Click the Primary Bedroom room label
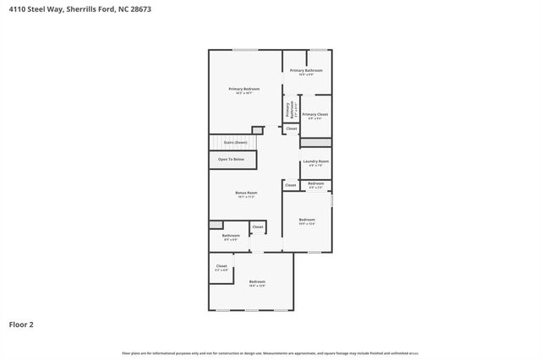coord(243,89)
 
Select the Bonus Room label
coord(246,193)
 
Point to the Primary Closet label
coord(315,114)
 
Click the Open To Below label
coord(232,159)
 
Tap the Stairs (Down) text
coord(235,142)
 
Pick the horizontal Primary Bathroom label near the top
coord(307,70)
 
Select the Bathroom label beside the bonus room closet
coord(231,236)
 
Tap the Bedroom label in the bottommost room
coord(257,281)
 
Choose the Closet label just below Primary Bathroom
coord(291,128)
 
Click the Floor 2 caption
coord(21,324)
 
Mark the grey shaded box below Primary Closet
coord(315,143)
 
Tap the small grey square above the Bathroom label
coord(216,225)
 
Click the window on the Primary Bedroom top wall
coord(245,50)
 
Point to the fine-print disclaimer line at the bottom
coord(270,353)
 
